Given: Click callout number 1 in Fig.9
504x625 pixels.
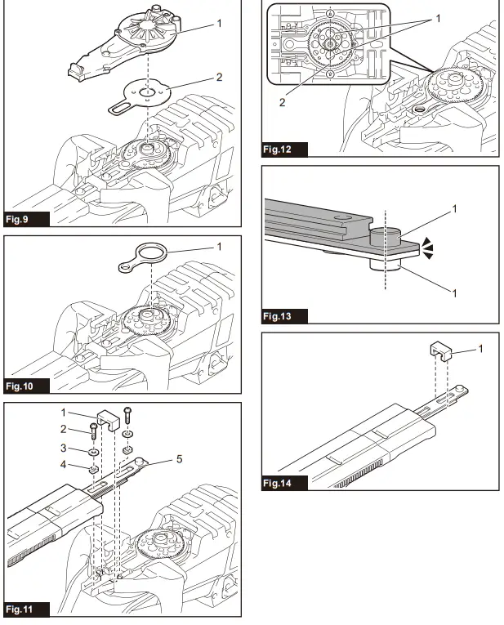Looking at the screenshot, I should point(218,23).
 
